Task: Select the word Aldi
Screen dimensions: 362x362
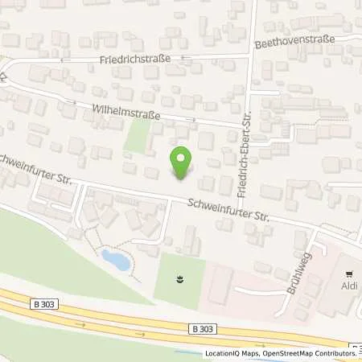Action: [x=348, y=284]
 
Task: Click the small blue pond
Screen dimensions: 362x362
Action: [x=114, y=260]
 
